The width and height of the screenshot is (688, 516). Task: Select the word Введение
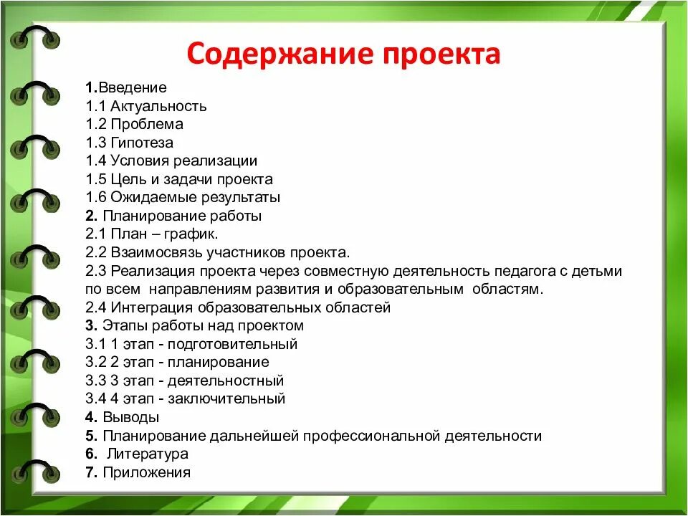(x=133, y=88)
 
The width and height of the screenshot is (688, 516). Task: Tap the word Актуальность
(x=158, y=107)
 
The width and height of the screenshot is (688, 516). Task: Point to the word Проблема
(x=147, y=125)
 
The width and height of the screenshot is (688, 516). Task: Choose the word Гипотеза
(x=142, y=143)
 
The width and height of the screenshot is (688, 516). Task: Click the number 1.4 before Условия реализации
(x=95, y=161)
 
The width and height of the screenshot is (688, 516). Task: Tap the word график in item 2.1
(x=196, y=234)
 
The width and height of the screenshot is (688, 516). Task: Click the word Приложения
(x=147, y=472)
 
